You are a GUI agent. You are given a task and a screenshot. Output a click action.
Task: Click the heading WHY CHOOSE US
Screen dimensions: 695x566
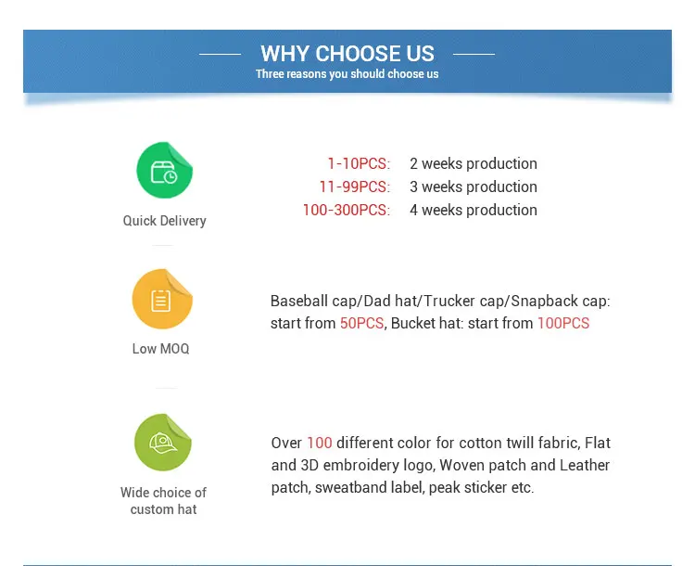347,54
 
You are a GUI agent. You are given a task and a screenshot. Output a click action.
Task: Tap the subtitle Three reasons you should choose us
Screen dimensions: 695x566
347,73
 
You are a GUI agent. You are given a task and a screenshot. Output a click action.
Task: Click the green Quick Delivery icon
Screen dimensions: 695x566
164,170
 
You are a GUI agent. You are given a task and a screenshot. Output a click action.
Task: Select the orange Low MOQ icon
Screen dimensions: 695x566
162,299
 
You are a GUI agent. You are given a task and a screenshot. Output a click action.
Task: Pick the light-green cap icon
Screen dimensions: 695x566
163,443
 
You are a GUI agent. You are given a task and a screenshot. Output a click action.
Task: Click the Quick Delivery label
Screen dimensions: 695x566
164,221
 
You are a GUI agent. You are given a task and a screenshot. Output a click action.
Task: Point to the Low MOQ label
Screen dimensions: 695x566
161,349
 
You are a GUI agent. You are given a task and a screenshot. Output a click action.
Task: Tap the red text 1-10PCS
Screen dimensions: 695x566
358,164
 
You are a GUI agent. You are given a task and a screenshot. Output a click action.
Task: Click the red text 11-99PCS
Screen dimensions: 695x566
353,187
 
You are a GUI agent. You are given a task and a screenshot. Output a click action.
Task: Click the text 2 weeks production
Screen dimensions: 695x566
474,164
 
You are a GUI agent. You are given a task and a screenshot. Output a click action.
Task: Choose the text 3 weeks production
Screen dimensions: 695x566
474,187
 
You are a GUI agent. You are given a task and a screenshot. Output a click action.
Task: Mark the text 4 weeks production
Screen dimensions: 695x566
474,210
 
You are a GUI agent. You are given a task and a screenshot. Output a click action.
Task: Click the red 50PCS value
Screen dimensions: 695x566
361,323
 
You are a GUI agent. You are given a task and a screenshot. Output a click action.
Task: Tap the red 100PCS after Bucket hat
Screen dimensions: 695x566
563,323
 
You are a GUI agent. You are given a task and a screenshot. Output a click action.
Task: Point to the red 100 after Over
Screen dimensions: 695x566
320,443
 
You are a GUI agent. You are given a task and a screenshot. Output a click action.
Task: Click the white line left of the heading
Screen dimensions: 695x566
221,54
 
